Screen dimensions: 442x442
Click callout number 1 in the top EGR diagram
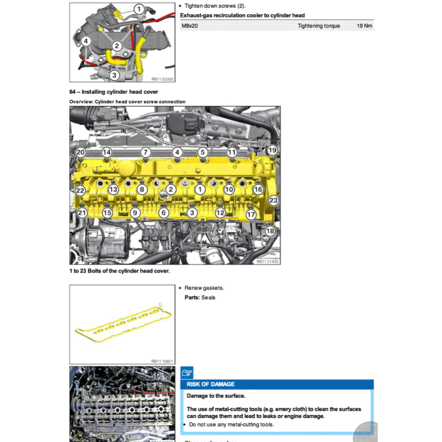(x=139, y=9)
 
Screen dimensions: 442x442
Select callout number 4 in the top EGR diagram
(x=86, y=41)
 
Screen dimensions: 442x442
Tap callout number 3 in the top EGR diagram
(x=114, y=75)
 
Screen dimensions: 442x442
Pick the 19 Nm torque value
(x=364, y=26)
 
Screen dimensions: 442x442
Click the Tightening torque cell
(x=319, y=26)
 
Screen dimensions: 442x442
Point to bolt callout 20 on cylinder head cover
(x=81, y=152)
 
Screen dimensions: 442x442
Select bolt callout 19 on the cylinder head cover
(x=272, y=150)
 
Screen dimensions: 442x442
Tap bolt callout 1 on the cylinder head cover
(x=199, y=189)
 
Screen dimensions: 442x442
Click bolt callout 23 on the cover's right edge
(x=273, y=200)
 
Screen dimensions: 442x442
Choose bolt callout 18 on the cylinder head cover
(x=270, y=231)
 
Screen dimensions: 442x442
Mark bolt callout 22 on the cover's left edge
(x=80, y=191)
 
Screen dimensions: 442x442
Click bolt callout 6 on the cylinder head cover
(x=163, y=212)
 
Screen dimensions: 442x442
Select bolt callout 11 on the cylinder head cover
(x=232, y=152)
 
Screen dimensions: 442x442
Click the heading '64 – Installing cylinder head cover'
(x=114, y=92)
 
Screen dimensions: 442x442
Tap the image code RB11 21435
(x=267, y=261)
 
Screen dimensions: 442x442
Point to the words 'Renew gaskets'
(x=204, y=288)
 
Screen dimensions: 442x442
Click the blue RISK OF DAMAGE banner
(x=277, y=384)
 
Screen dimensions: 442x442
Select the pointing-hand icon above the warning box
(x=187, y=373)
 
